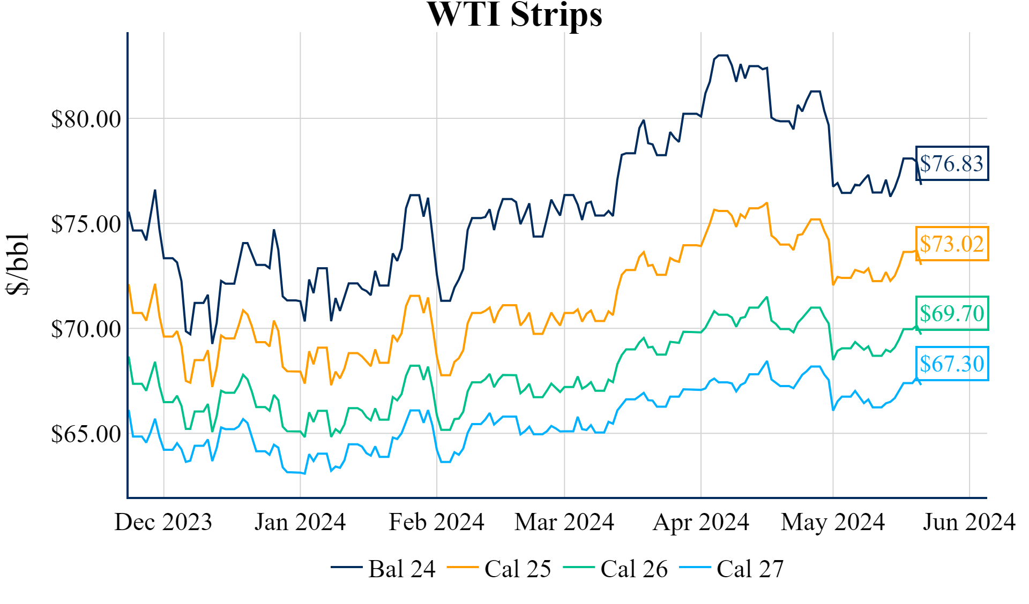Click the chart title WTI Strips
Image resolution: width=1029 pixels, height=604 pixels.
(514, 14)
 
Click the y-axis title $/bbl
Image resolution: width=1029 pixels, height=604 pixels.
(17, 264)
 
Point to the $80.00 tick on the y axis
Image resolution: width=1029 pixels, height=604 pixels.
(86, 119)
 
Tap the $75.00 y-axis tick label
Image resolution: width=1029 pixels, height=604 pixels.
(86, 224)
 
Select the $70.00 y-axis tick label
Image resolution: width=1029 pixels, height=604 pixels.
(86, 329)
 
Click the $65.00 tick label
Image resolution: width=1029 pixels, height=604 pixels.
(86, 434)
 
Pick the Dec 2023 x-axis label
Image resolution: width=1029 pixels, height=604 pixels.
(163, 522)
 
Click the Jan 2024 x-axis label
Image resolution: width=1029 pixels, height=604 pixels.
(300, 522)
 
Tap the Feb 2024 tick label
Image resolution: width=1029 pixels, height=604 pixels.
(436, 522)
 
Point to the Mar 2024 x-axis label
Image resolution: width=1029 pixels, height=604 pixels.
(564, 522)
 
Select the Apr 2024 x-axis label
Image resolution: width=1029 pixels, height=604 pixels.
(700, 522)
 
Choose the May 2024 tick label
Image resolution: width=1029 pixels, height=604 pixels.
(833, 522)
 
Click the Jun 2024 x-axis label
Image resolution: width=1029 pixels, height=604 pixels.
(969, 522)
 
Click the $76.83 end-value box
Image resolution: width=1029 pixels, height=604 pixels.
(952, 163)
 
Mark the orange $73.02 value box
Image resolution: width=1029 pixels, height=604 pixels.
(952, 244)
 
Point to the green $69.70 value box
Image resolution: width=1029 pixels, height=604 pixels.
(952, 313)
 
